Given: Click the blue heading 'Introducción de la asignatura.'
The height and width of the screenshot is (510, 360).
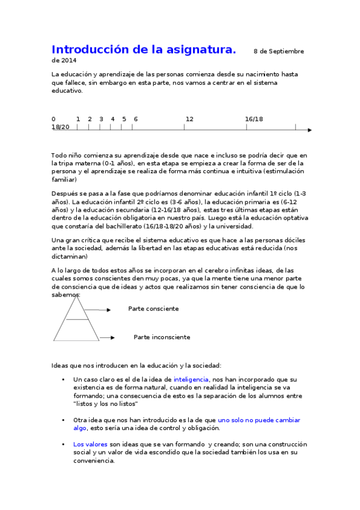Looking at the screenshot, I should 144,49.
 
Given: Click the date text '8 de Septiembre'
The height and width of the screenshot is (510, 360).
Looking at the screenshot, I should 279,52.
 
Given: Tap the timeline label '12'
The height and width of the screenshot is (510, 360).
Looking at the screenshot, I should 189,119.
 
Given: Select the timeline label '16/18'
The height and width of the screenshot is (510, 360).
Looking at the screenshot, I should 254,119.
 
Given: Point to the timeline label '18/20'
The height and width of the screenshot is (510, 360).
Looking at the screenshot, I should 61,127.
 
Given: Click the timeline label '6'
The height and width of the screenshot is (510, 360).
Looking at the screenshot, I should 135,119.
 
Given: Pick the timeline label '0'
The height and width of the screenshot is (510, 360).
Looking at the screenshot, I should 53,119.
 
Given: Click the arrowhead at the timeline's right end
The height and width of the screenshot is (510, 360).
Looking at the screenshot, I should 310,130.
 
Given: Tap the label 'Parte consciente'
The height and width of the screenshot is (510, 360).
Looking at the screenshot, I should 153,309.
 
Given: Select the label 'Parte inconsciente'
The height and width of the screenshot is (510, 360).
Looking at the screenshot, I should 162,337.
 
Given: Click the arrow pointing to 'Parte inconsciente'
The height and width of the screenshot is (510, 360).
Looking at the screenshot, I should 107,338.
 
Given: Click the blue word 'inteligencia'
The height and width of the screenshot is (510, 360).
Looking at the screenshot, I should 191,379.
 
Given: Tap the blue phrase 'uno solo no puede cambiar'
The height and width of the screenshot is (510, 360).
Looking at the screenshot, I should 259,420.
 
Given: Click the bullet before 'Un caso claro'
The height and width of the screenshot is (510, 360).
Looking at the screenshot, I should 63,379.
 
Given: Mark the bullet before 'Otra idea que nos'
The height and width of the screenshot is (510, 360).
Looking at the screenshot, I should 63,420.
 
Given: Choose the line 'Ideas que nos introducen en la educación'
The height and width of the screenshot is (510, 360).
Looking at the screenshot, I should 136,365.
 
